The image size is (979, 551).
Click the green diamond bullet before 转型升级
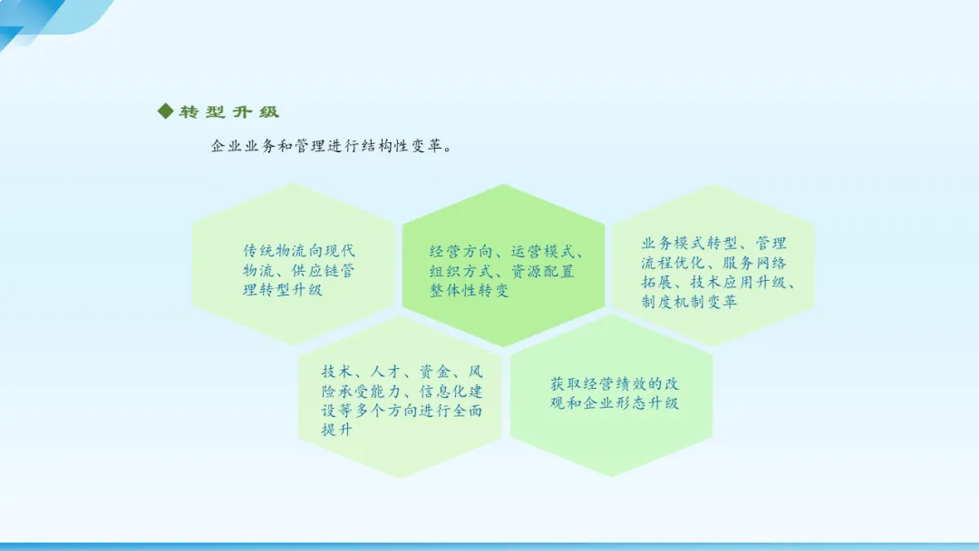point(166,111)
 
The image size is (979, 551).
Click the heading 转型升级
point(229,112)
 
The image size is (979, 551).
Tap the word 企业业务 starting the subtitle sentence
point(244,146)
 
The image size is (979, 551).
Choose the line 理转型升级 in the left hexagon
point(283,290)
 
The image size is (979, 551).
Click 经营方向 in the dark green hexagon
point(461,252)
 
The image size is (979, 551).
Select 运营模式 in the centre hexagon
point(543,252)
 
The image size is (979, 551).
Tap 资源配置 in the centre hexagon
point(543,272)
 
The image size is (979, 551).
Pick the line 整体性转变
point(469,291)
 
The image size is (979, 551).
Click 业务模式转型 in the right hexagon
point(689,244)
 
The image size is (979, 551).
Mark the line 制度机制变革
point(689,302)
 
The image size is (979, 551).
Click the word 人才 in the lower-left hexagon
point(386,372)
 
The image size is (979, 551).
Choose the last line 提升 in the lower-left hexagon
point(337,430)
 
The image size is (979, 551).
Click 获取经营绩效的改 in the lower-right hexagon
point(615,383)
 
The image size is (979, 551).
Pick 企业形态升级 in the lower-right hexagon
point(631,403)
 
